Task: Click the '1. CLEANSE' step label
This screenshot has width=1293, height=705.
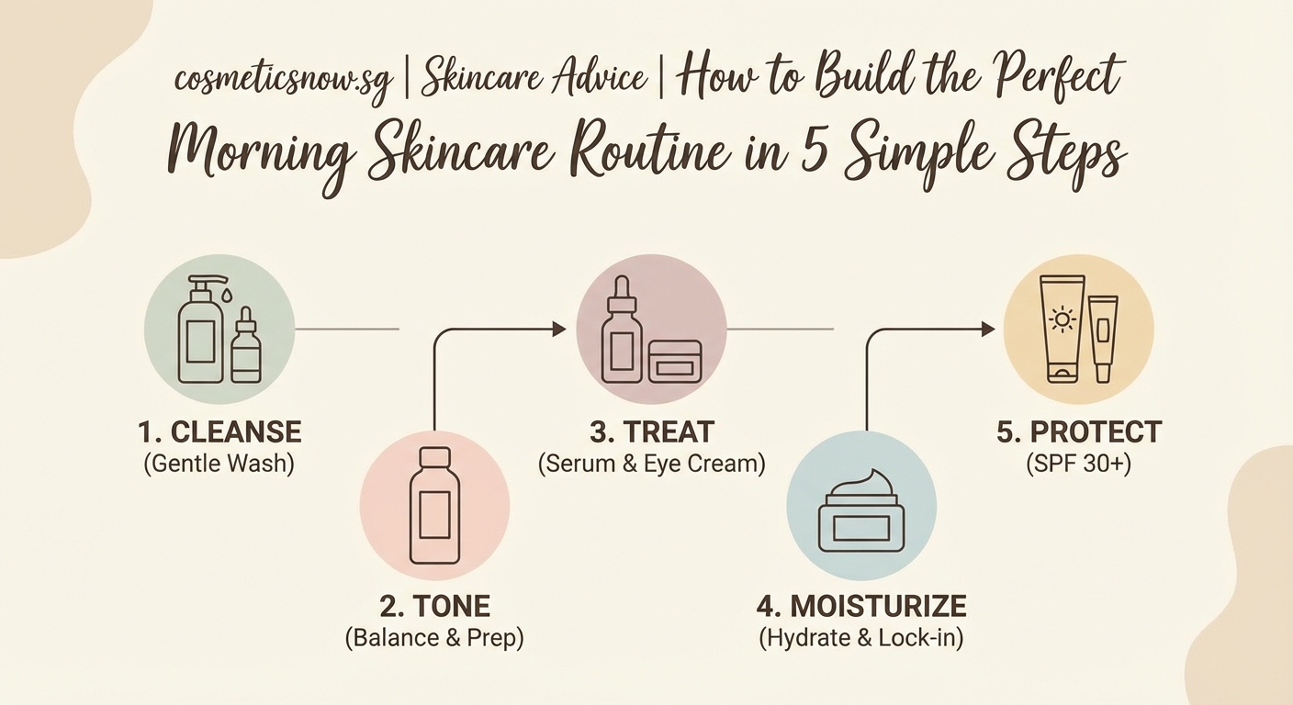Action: pyautogui.click(x=219, y=431)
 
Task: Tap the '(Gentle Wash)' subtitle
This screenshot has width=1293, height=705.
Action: pyautogui.click(x=219, y=464)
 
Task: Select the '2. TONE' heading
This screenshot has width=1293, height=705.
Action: pyautogui.click(x=434, y=606)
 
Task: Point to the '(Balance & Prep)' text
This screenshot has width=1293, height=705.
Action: pyautogui.click(x=434, y=638)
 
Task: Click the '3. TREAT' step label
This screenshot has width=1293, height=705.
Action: pyautogui.click(x=651, y=431)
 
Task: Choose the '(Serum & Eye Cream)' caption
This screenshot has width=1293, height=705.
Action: pyautogui.click(x=651, y=464)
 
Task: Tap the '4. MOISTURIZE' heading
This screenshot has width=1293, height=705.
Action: pyautogui.click(x=861, y=606)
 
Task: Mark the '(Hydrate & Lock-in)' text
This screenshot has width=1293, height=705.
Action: pyautogui.click(x=861, y=638)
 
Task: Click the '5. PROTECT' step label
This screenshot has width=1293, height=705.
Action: pyautogui.click(x=1079, y=431)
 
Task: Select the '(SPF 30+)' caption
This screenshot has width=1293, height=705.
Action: pyautogui.click(x=1079, y=464)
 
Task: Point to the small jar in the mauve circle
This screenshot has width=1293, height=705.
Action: pyautogui.click(x=675, y=361)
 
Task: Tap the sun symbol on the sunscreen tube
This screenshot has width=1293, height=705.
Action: pyautogui.click(x=1063, y=320)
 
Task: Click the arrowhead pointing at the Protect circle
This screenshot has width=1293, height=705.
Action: pyautogui.click(x=989, y=329)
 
